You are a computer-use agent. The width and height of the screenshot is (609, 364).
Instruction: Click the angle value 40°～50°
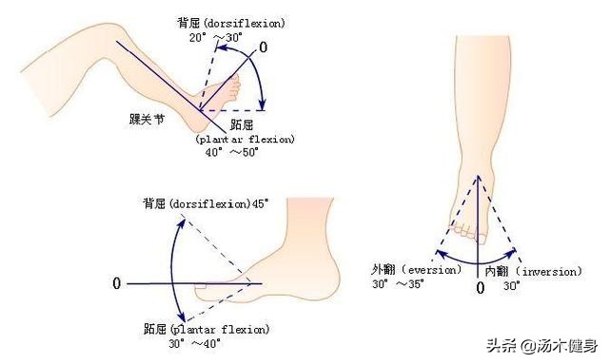(x=234, y=152)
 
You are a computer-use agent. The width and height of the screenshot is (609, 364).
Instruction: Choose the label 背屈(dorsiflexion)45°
(x=206, y=202)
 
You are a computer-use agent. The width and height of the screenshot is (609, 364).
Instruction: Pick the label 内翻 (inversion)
(x=532, y=271)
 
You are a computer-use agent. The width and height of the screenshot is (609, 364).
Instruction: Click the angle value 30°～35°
(x=397, y=284)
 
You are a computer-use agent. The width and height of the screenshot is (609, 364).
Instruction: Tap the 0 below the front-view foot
(x=480, y=286)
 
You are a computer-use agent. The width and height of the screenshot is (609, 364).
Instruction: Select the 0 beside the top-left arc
(x=264, y=47)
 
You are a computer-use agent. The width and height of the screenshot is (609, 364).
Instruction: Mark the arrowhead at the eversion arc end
(x=438, y=254)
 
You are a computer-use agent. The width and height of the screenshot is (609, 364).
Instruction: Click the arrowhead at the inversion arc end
(x=516, y=253)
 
